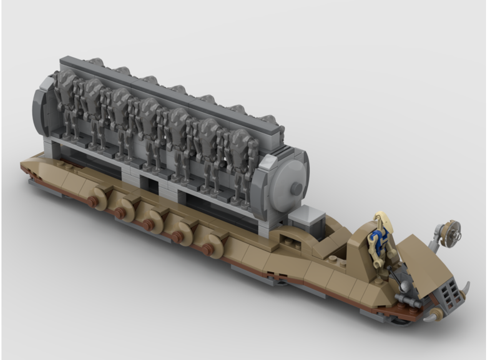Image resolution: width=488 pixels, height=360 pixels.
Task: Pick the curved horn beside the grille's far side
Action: (466, 287)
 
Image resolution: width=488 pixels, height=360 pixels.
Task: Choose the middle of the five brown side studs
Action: (147, 223)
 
